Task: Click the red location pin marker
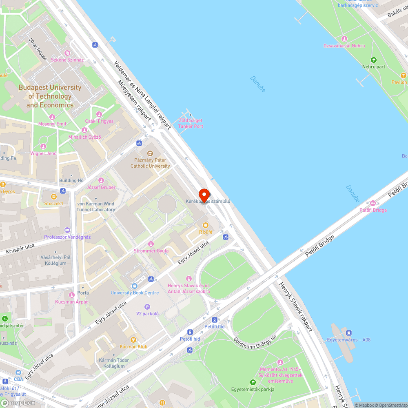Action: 204,195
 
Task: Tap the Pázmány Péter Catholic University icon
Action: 150,153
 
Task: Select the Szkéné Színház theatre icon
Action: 67,53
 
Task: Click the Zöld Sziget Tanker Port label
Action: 191,124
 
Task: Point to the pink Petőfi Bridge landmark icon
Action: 373,203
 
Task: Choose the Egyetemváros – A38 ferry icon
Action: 349,333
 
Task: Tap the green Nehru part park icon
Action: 373,60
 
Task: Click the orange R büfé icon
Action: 205,225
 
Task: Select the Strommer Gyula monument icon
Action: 151,244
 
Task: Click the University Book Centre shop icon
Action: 135,286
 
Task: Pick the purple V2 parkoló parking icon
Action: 147,307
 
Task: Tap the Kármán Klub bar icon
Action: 133,339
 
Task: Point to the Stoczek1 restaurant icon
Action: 53,197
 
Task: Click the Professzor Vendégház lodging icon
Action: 67,230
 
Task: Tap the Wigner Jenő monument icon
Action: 43,146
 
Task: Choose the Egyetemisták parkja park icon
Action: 253,382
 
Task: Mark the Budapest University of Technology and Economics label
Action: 50,96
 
